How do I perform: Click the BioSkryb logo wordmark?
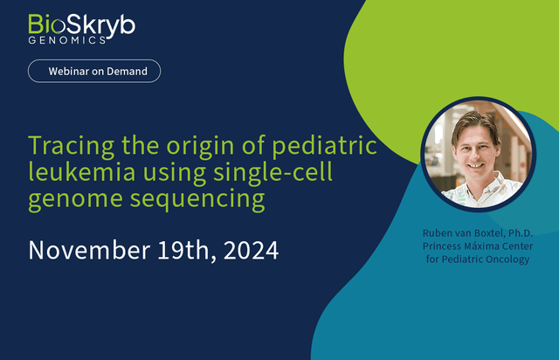tap(81, 25)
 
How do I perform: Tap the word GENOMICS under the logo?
tap(66, 40)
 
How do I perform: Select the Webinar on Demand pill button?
tap(94, 71)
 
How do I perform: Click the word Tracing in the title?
tap(72, 146)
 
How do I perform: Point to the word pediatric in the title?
tap(324, 146)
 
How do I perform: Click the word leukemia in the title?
tap(82, 171)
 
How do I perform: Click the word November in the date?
tap(89, 250)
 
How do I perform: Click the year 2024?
tap(251, 251)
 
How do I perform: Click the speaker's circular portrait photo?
tap(479, 154)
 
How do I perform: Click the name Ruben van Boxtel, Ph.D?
tap(478, 233)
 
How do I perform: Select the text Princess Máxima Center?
tap(478, 246)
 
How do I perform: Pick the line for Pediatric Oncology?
tap(478, 260)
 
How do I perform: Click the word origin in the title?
tap(200, 146)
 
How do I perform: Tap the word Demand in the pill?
tap(127, 72)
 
